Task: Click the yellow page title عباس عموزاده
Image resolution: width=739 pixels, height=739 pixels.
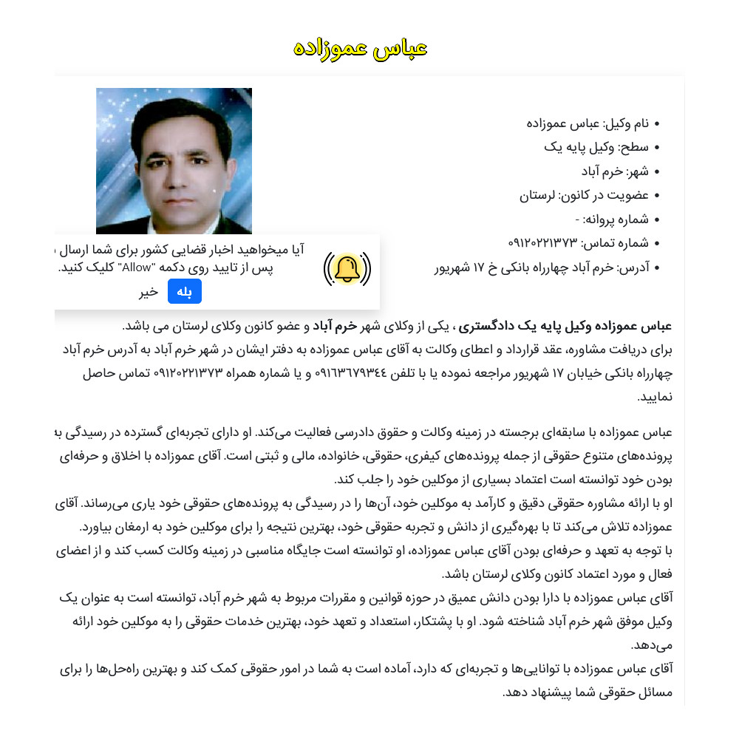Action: tap(361, 48)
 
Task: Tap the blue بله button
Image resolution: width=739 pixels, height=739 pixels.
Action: tap(185, 292)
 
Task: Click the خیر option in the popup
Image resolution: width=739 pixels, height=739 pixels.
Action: tap(149, 292)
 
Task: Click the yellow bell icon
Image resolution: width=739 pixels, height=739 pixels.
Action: tap(347, 269)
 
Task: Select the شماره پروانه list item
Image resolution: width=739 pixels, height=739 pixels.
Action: tap(611, 219)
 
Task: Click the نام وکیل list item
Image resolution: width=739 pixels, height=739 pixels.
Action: tap(588, 123)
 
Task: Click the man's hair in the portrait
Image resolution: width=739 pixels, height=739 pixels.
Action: tap(171, 118)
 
